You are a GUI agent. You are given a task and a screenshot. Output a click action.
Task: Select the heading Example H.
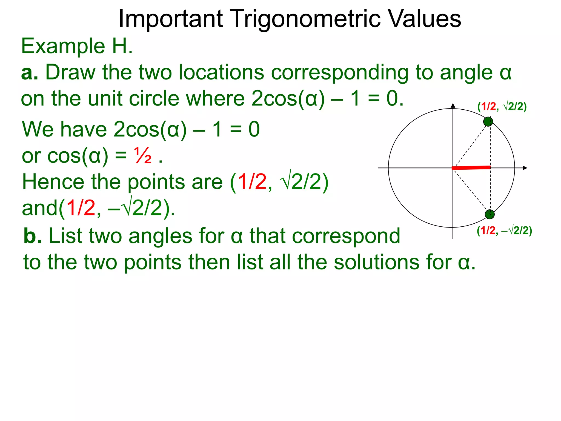pos(77,46)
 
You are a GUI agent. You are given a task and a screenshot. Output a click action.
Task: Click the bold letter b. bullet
pos(32,236)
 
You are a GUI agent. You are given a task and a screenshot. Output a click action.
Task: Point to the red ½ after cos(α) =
pos(142,156)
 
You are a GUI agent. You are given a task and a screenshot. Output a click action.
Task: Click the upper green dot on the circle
pos(488,121)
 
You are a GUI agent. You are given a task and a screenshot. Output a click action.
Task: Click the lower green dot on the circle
pos(490,214)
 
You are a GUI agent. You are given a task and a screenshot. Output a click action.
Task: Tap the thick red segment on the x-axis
pos(471,167)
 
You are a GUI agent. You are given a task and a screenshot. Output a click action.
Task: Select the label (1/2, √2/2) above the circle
pos(502,106)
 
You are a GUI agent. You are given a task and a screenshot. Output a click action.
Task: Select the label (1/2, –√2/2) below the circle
pos(504,231)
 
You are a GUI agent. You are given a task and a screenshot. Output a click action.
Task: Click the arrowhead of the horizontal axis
pos(525,168)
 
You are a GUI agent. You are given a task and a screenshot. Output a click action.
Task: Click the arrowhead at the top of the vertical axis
pos(453,106)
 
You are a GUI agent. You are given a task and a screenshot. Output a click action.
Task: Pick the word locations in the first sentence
pos(221,72)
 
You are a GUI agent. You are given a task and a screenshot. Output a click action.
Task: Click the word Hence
pos(53,182)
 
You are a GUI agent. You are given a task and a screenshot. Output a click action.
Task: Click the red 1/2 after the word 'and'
pos(81,208)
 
